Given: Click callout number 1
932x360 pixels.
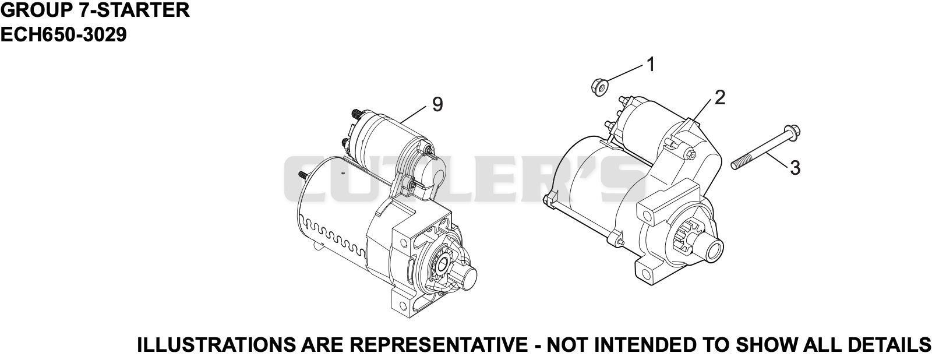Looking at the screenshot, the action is [650, 65].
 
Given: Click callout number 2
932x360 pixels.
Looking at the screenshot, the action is [720, 98].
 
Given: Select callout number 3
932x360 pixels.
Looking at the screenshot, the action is [795, 168].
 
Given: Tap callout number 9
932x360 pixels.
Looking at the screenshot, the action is [437, 104].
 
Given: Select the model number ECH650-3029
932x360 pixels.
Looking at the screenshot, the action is [63, 35].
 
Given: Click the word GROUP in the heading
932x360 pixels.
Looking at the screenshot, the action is [36, 10].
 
